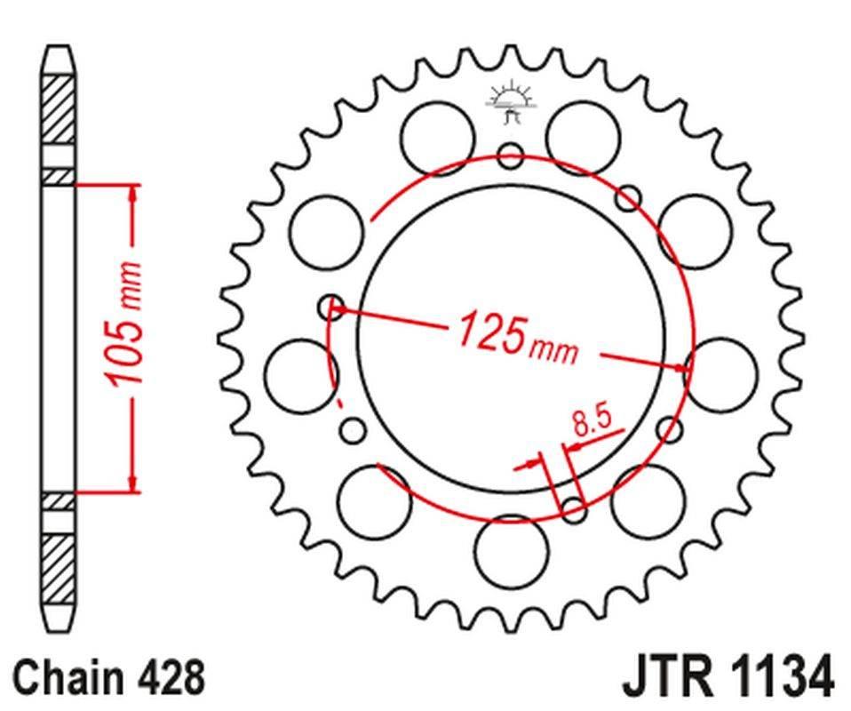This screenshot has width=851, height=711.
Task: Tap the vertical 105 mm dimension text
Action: (x=124, y=324)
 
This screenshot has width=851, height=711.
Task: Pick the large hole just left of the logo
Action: (x=436, y=137)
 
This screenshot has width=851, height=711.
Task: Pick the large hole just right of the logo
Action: (x=583, y=137)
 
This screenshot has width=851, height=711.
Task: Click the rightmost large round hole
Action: (x=722, y=373)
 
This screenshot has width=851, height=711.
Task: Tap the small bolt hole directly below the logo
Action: (x=510, y=157)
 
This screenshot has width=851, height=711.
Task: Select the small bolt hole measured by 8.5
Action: (x=574, y=510)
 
